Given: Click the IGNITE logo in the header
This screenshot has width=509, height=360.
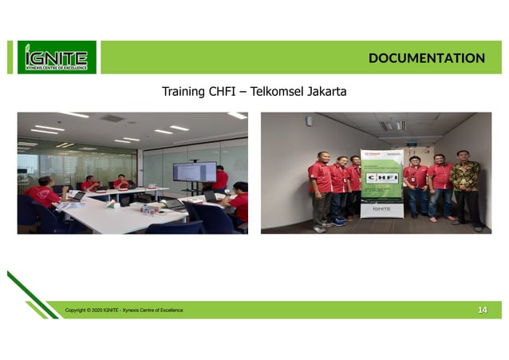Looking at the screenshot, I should coord(56,57).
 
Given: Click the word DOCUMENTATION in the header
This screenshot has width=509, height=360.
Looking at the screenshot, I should coord(426,58).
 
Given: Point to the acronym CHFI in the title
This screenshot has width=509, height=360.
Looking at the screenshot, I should coord(223,93).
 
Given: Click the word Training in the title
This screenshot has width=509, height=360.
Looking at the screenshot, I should coord(183,93).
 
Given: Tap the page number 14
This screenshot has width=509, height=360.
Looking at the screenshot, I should coord(482,310).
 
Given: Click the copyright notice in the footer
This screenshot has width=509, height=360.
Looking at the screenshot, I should coord(124,310).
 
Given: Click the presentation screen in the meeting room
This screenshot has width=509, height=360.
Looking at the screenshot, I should coord(194,172).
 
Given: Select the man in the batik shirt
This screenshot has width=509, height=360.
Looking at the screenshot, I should coord(465,188).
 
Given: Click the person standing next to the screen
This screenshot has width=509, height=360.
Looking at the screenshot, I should coord(221,179).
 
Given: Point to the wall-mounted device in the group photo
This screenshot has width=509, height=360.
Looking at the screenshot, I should coord(309,121).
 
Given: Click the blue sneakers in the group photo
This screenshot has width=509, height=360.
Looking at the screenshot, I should coord(338,221).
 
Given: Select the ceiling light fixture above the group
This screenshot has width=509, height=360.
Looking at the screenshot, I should coord(392,125).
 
